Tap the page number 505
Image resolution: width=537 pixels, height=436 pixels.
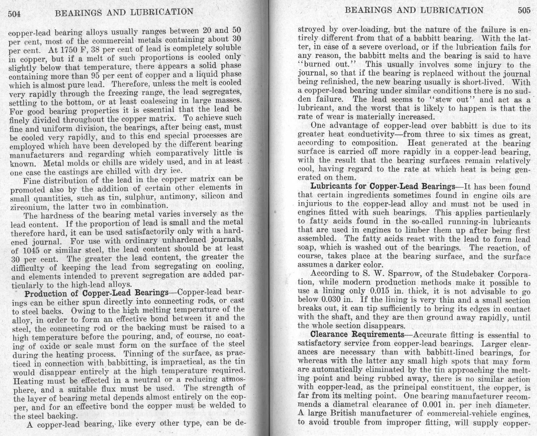524,11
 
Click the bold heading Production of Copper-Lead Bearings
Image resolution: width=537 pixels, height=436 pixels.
96,293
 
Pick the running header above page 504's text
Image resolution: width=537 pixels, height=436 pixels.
124,12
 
